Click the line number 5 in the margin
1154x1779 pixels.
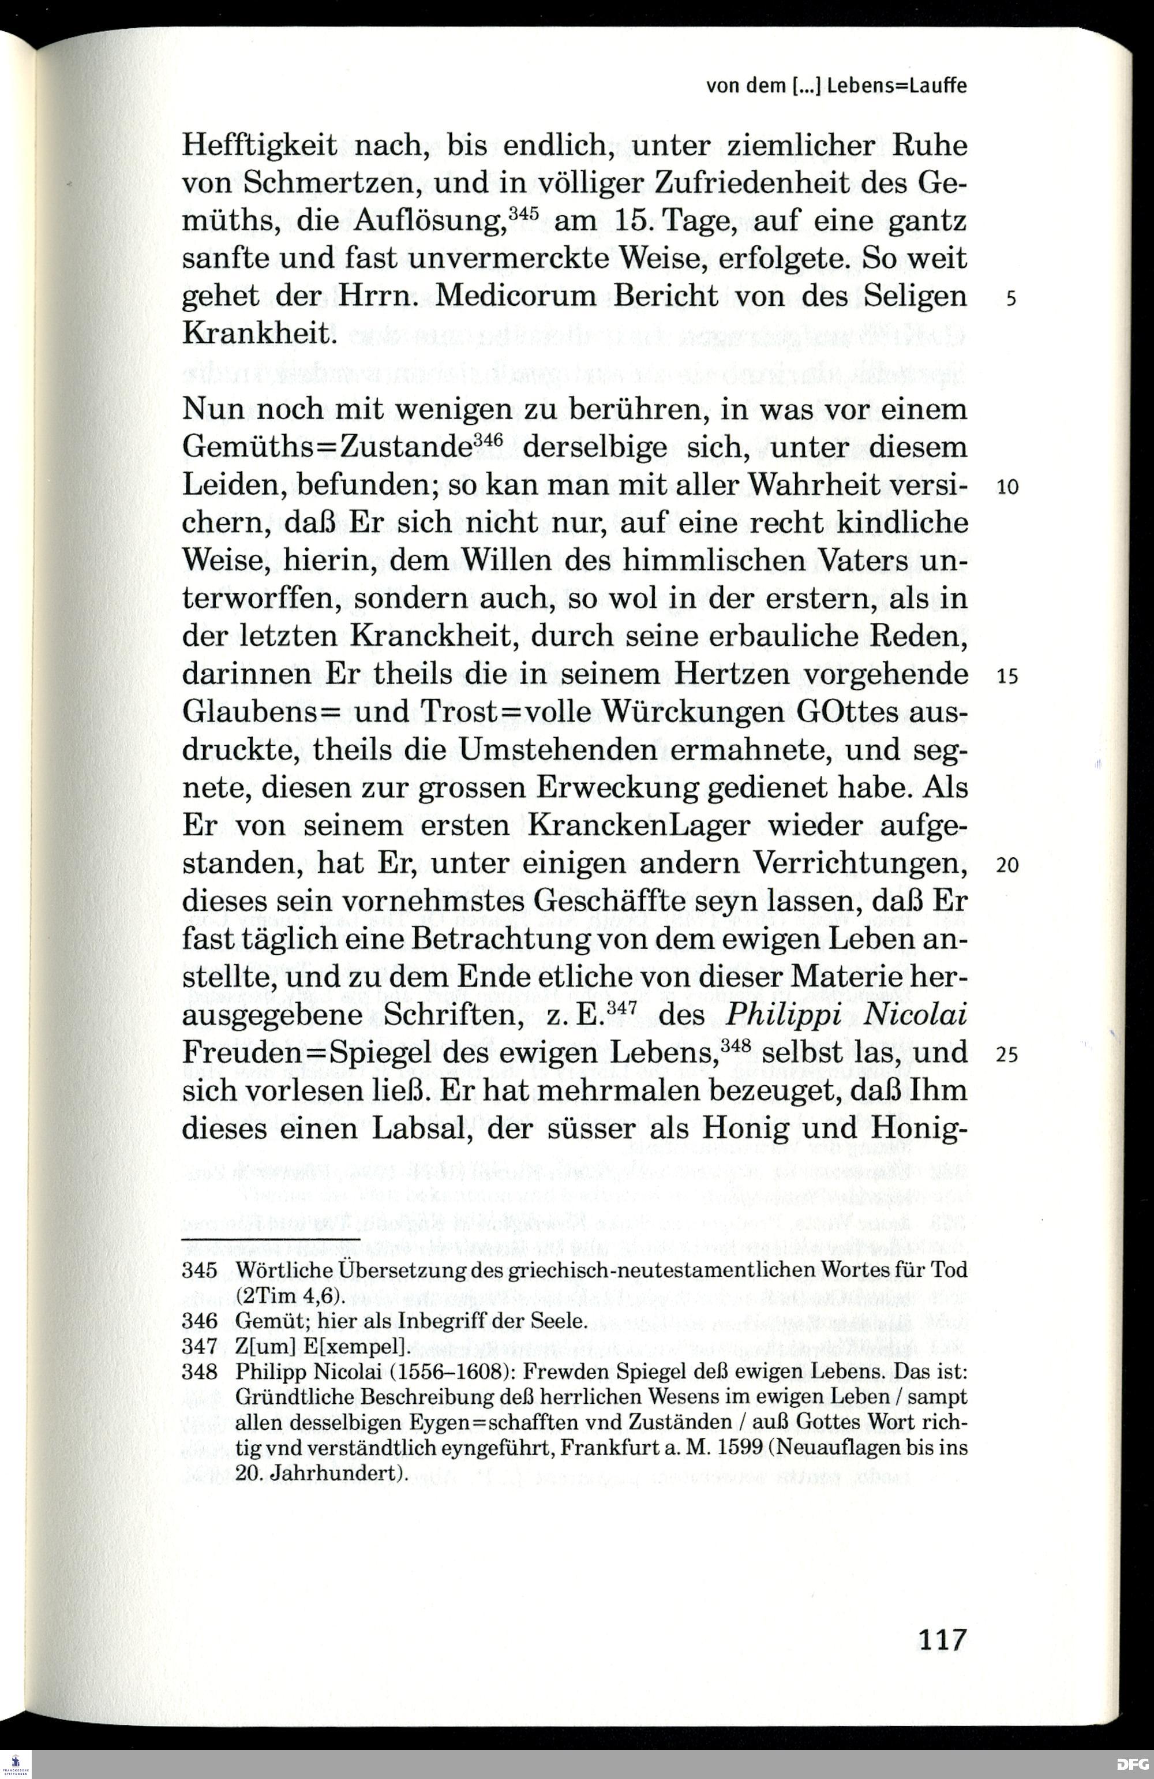[x=1010, y=299]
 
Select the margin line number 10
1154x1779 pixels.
[x=1007, y=487]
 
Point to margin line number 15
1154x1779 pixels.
[x=1007, y=676]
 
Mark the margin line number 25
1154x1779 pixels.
[x=1007, y=1054]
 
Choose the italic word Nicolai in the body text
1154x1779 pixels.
[x=915, y=1015]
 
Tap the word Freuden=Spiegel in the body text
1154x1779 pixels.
[x=295, y=1053]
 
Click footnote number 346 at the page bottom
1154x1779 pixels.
[x=200, y=1321]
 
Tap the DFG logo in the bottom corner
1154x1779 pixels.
[x=1132, y=1763]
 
